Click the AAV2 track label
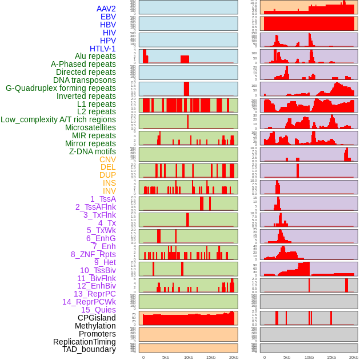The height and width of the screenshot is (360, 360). click(106, 9)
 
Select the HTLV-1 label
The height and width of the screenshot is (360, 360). click(103, 49)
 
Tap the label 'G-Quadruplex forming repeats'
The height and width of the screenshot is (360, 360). click(61, 88)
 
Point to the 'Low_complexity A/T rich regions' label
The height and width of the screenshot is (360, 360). click(58, 119)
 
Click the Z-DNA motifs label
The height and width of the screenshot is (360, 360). click(93, 151)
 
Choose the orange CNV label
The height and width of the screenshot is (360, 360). click(107, 159)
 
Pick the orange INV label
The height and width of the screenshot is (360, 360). click(109, 191)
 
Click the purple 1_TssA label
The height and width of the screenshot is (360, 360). click(103, 199)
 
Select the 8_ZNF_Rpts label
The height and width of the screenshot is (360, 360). click(93, 254)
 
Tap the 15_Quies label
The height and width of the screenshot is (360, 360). click(98, 310)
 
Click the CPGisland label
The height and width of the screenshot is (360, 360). click(97, 318)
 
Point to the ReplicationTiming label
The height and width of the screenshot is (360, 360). click(84, 342)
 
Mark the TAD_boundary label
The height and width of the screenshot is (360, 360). click(89, 349)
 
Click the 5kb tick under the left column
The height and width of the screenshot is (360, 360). click(166, 357)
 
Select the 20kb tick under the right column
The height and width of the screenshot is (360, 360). click(354, 357)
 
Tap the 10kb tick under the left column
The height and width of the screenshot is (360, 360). click(188, 357)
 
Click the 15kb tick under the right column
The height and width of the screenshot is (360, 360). click(331, 357)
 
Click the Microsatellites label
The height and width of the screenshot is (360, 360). click(90, 127)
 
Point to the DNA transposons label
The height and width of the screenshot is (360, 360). click(85, 80)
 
